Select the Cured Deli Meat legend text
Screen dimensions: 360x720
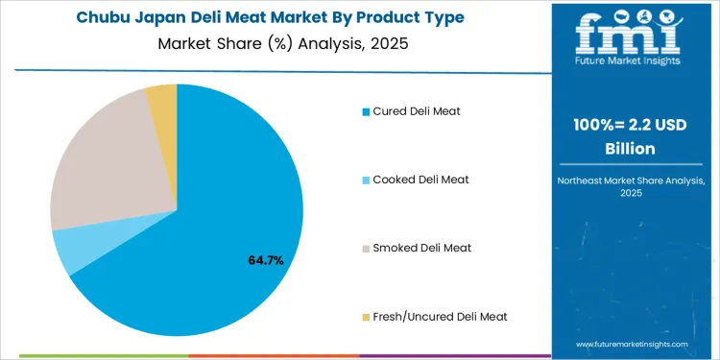point(417,111)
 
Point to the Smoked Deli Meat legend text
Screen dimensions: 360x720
point(421,248)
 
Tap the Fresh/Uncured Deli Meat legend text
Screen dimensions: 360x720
point(440,316)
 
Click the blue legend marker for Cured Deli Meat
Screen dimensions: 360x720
point(366,112)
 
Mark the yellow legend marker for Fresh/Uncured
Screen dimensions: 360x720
point(366,317)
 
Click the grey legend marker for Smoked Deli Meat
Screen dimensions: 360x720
point(366,249)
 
